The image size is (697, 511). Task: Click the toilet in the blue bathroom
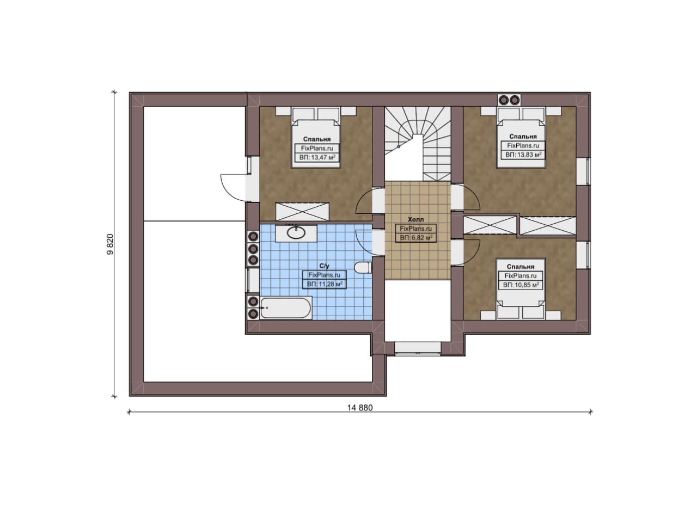363,268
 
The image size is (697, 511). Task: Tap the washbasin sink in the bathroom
296,232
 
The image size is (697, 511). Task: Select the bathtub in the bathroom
286,308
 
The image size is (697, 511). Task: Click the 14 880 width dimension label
360,408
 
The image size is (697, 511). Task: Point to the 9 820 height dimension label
110,244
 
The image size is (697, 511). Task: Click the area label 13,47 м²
317,157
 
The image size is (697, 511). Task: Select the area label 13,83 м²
523,155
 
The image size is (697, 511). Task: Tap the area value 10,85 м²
521,285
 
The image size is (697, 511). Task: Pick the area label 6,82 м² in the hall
416,238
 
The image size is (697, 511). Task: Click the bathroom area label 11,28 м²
325,284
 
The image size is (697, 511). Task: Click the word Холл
416,219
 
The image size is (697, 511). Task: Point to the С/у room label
324,266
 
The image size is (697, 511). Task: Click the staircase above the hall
418,143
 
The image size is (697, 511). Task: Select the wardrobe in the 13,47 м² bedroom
302,212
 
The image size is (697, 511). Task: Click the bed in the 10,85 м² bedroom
520,289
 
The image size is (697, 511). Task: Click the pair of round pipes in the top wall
509,100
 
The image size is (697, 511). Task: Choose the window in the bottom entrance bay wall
418,348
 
